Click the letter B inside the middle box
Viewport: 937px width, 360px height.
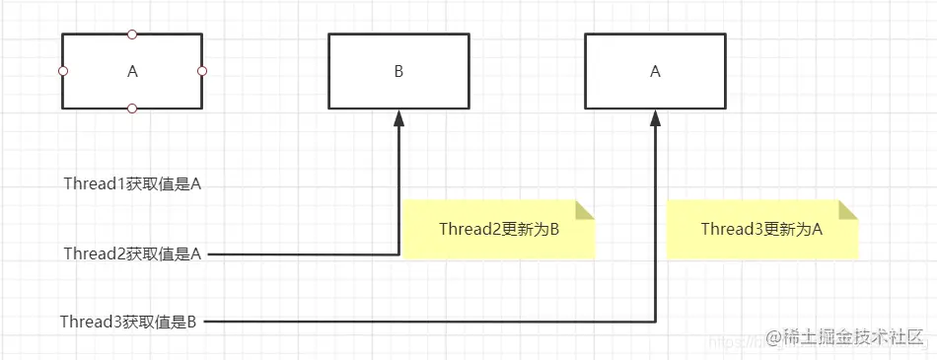(x=399, y=71)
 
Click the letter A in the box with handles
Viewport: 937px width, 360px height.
(x=133, y=71)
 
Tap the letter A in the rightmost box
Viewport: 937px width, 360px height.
(x=656, y=71)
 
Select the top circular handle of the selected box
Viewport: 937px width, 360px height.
(x=132, y=35)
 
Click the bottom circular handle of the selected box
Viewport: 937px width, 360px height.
(x=132, y=108)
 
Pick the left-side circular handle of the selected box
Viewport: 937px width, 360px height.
(x=62, y=71)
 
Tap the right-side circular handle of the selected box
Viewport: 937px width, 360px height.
(x=202, y=71)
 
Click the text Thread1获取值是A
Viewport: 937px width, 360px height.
(x=132, y=184)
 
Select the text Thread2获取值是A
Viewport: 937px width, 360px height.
(x=132, y=254)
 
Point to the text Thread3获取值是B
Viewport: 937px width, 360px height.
(x=128, y=322)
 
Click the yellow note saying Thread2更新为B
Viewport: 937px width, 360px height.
(x=499, y=230)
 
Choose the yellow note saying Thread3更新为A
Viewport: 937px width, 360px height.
(x=761, y=230)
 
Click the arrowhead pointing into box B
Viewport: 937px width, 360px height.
(x=399, y=118)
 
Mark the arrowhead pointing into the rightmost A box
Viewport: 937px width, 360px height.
(x=656, y=118)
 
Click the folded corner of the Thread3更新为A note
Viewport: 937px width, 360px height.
(x=848, y=209)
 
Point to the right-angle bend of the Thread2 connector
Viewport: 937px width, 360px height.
(x=399, y=254)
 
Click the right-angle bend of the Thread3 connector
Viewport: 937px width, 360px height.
(x=656, y=322)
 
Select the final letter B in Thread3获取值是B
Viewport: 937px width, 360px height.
(x=192, y=322)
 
